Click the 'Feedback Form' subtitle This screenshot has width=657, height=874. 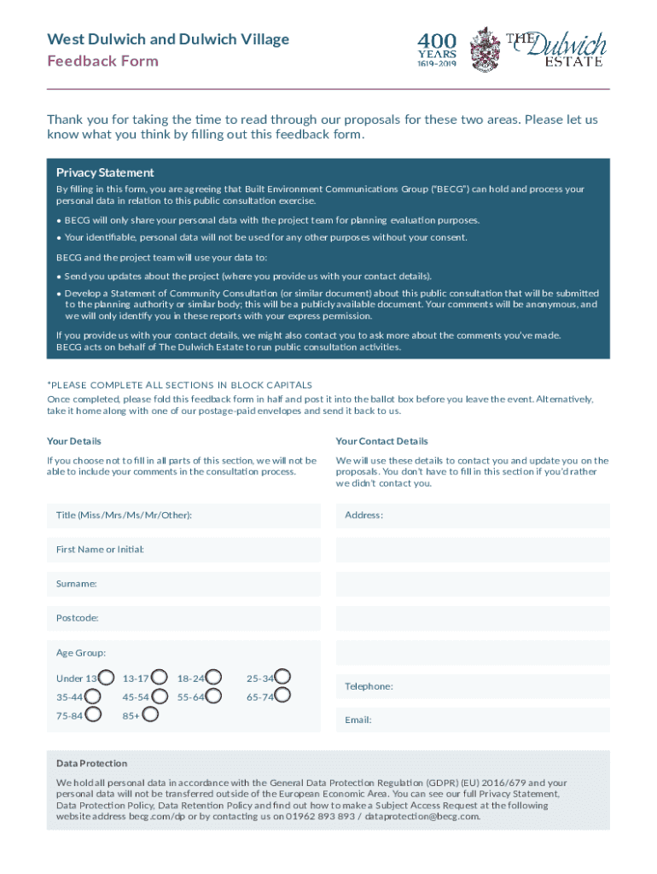(102, 61)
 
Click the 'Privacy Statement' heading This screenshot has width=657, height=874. (105, 172)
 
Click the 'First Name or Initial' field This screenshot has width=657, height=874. (183, 550)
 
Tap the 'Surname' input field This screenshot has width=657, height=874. (183, 584)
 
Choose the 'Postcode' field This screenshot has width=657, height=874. (183, 618)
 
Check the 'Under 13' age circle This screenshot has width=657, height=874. (107, 679)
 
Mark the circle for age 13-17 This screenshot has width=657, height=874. (159, 679)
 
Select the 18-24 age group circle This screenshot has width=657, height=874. (214, 679)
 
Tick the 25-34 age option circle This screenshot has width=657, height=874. (283, 679)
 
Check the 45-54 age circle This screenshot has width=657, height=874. (159, 696)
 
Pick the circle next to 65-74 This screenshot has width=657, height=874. (283, 696)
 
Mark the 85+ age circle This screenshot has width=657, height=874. (149, 714)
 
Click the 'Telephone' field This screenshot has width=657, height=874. (473, 686)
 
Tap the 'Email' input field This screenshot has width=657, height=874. (473, 720)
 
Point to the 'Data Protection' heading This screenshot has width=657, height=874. (92, 763)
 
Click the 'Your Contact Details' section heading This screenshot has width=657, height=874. (381, 441)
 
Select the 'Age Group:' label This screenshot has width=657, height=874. (81, 653)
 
